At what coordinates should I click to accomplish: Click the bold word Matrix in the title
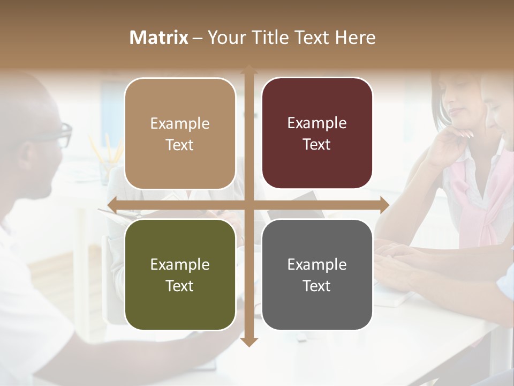coord(159,38)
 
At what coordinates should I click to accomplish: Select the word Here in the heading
coord(356,38)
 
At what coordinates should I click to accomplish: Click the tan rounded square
coord(180,133)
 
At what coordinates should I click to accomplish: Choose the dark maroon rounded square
coord(317,133)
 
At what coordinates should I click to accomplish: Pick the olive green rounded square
coord(180,274)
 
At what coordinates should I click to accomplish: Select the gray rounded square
coord(317,274)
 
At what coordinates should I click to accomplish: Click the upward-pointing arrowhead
coord(248,69)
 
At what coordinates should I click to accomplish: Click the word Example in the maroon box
coord(317,123)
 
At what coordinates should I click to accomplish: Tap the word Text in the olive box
coord(180,286)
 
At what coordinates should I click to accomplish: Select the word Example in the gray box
coord(317,264)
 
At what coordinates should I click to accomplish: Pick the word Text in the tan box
coord(180,145)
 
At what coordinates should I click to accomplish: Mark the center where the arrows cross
coord(248,205)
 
